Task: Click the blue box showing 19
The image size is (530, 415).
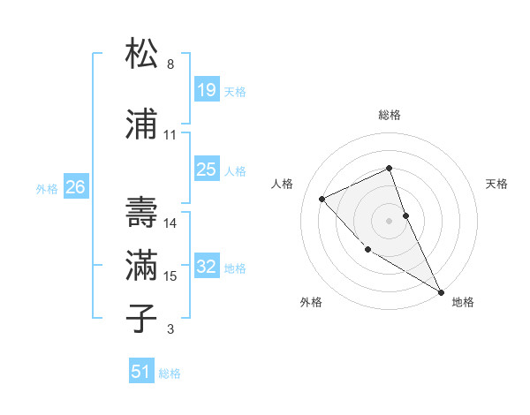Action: tap(206, 89)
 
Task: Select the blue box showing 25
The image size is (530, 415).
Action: tap(206, 169)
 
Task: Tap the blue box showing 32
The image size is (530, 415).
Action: tap(206, 266)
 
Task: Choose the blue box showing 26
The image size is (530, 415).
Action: tap(75, 186)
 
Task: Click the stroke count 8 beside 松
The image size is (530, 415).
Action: tap(170, 64)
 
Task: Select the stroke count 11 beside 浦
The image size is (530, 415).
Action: tap(170, 135)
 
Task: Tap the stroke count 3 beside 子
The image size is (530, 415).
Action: tap(170, 330)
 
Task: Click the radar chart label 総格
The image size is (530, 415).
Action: tap(390, 115)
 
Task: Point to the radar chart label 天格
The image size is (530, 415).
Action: tap(497, 184)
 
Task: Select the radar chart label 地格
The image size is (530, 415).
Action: tap(463, 302)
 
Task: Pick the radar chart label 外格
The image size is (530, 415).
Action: tap(311, 302)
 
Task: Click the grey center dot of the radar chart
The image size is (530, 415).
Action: tap(390, 220)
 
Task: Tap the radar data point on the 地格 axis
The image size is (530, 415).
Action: tap(442, 291)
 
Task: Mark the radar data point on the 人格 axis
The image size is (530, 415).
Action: tap(322, 199)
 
